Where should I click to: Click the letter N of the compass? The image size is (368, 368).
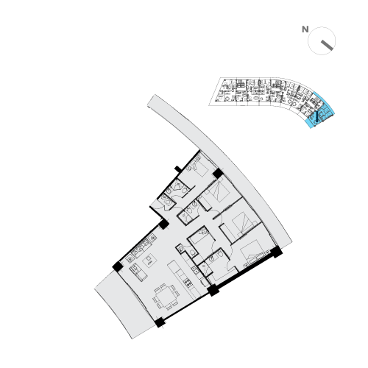click(x=305, y=29)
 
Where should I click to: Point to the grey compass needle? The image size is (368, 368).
click(x=327, y=46)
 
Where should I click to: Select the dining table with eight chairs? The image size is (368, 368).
click(x=166, y=297)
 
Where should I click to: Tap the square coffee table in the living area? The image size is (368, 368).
click(x=149, y=260)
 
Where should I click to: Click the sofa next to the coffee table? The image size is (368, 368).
click(x=138, y=272)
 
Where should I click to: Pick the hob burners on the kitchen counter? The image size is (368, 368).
click(x=188, y=283)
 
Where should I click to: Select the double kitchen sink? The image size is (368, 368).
click(x=195, y=270)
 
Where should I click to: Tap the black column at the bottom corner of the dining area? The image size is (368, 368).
click(x=160, y=322)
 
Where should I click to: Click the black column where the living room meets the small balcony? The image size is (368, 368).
click(x=118, y=266)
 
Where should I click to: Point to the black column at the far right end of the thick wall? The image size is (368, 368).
click(x=277, y=252)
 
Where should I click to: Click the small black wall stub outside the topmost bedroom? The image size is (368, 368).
click(x=178, y=169)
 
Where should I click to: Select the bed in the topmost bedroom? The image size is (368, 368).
click(x=199, y=167)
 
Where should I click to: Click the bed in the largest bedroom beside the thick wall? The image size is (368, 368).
click(x=252, y=252)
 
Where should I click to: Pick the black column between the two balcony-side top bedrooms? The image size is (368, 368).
click(x=218, y=174)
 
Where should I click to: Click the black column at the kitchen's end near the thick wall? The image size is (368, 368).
click(x=213, y=290)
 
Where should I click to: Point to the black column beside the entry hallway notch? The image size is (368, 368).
click(x=163, y=224)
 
